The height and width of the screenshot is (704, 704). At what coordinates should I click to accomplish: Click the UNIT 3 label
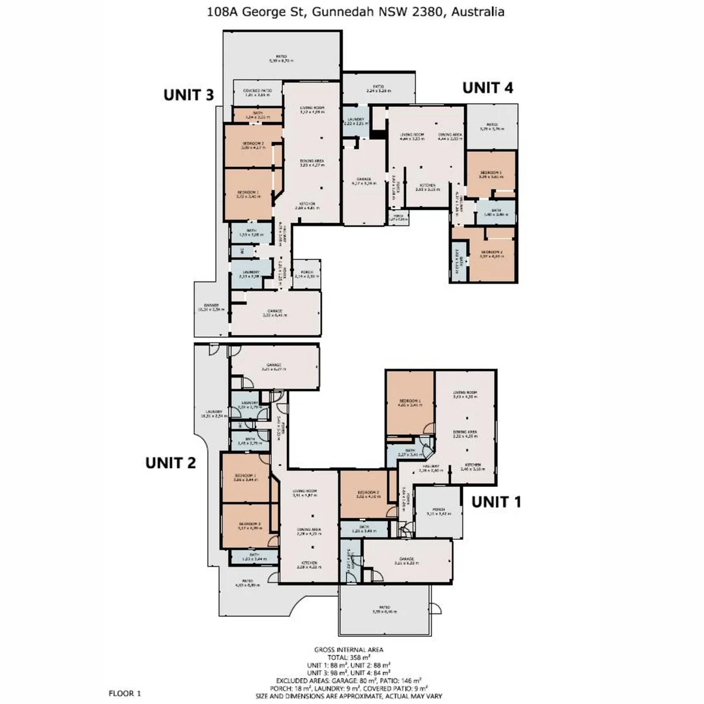tap(188, 95)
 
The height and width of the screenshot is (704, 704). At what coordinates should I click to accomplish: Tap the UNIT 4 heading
tap(488, 88)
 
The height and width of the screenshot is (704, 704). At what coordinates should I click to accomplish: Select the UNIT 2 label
tap(170, 463)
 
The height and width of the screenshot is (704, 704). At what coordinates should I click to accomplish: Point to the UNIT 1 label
tap(497, 502)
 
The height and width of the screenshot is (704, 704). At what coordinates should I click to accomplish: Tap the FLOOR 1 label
tap(124, 694)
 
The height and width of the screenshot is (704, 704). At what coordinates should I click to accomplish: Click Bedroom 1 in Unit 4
tap(492, 173)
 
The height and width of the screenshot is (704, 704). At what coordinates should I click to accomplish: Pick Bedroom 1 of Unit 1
tap(410, 402)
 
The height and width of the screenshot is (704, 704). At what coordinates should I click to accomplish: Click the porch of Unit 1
tap(439, 512)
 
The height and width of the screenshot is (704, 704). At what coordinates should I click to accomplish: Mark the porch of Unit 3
tap(306, 276)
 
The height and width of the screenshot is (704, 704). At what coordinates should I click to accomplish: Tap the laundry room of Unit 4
tap(356, 121)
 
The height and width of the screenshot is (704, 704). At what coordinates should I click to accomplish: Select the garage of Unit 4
tap(364, 181)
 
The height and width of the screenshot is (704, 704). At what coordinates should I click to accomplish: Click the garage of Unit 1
tap(407, 560)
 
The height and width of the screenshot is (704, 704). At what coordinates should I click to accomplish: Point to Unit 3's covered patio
tap(257, 93)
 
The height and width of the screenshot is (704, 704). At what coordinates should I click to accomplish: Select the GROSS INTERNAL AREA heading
tap(348, 649)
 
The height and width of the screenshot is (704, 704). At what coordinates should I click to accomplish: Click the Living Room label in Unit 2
tap(304, 493)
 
